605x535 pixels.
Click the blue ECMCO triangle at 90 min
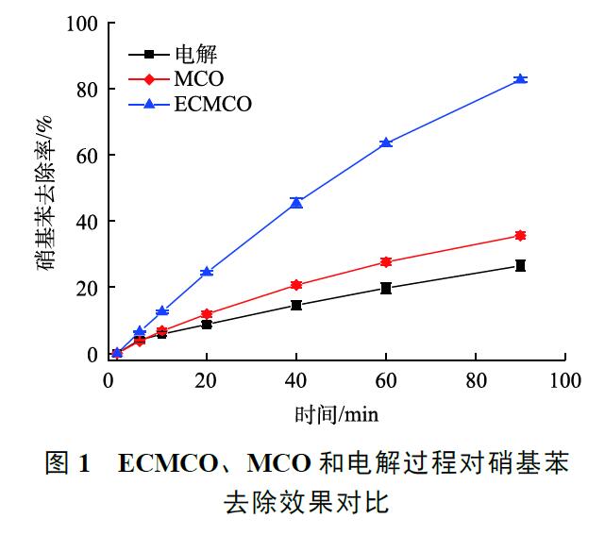point(519,79)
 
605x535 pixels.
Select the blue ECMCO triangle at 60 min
point(386,142)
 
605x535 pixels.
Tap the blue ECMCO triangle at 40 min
point(296,202)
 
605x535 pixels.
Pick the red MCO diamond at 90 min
point(519,235)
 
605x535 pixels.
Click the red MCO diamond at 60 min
point(386,261)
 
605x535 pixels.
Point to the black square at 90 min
point(519,266)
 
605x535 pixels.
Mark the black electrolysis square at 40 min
point(296,305)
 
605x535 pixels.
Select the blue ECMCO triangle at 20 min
point(207,272)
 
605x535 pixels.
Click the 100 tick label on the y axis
point(82,23)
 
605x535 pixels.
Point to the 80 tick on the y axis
point(87,89)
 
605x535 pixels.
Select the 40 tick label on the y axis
point(87,221)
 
